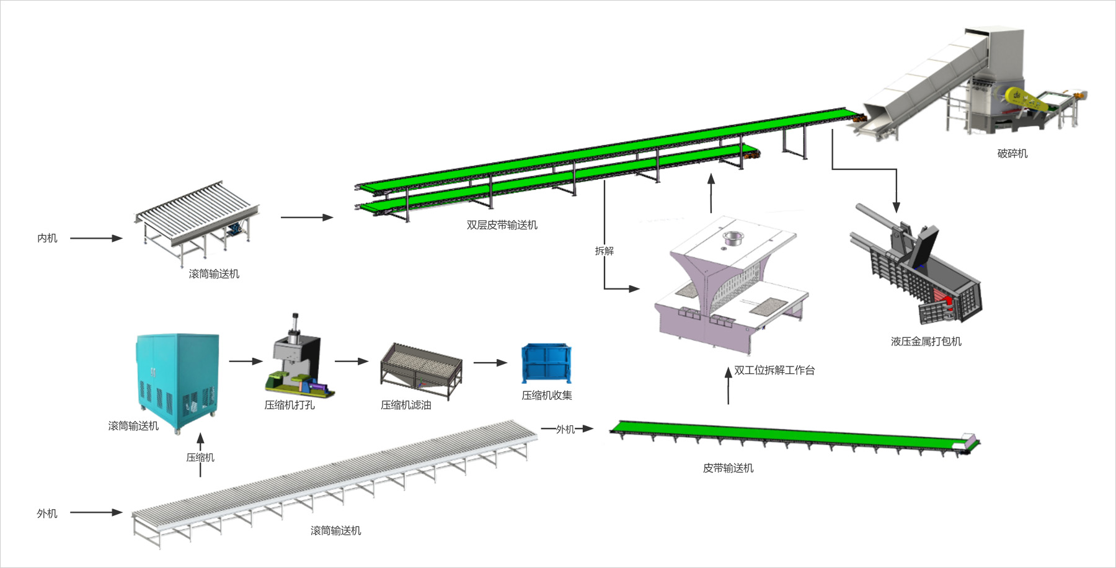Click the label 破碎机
coord(1012,153)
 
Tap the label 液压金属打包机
coord(926,341)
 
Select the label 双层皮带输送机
coord(502,225)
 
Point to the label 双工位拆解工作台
coord(774,370)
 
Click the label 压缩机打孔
coord(290,405)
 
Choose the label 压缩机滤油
coord(405,405)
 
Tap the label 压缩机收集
coord(546,395)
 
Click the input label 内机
coord(47,238)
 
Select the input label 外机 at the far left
coord(47,513)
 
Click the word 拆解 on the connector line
coord(604,251)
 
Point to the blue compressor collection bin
coord(546,363)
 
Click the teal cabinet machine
coord(177,378)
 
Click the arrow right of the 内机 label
coord(96,238)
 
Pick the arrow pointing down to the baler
coord(895,198)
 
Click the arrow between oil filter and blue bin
coord(490,363)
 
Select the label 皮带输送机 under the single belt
coord(728,468)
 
